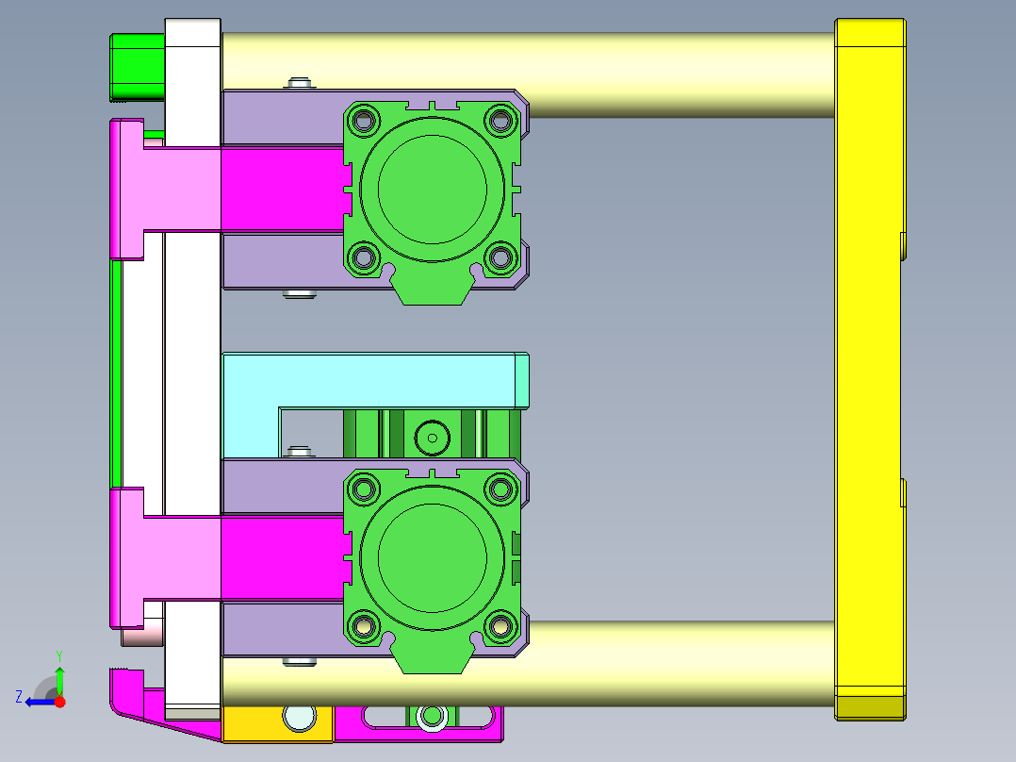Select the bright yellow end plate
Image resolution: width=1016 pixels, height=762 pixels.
[x=869, y=368]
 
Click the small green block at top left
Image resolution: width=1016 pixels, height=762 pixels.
[x=138, y=66]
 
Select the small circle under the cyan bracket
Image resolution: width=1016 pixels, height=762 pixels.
[x=433, y=437]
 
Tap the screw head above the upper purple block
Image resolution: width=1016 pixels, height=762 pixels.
[x=300, y=84]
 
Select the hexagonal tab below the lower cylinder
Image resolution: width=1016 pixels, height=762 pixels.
[x=432, y=660]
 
